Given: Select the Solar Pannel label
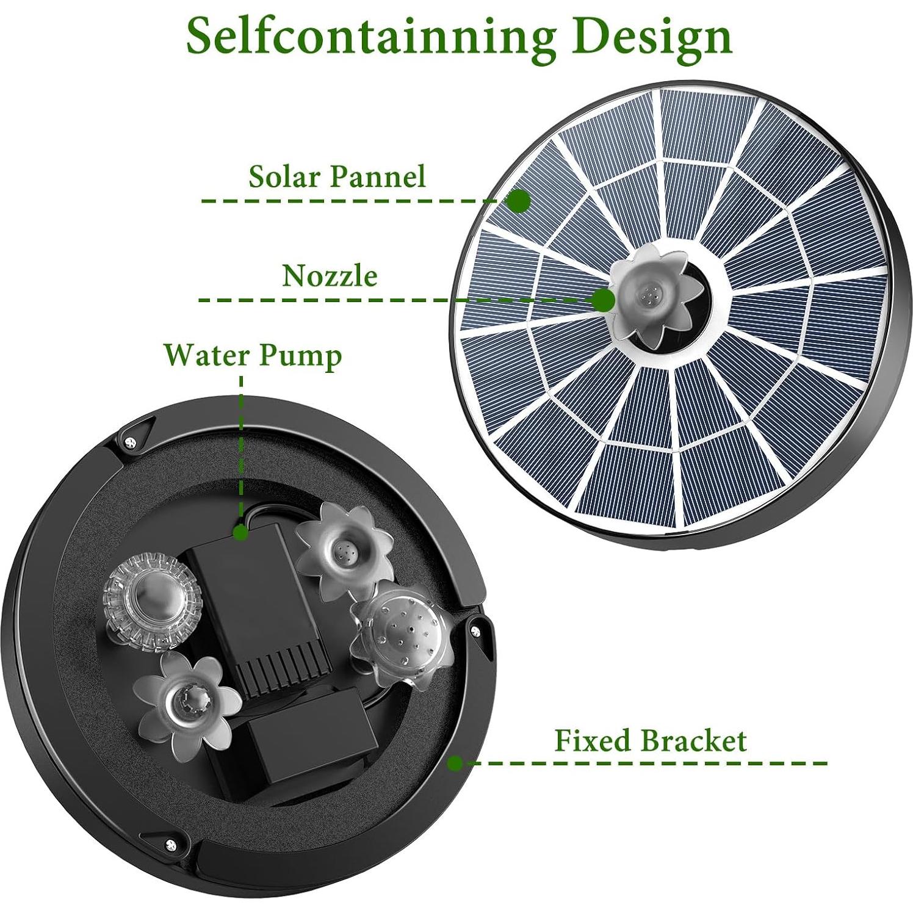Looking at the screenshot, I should point(336,176).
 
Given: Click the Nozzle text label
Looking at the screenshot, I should point(330,276).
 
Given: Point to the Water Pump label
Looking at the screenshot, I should point(253,355).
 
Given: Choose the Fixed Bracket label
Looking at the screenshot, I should point(650,740).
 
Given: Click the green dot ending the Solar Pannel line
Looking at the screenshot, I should point(519,201).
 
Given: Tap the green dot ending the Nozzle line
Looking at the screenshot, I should point(604,300).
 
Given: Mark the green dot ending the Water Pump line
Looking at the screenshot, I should point(241,533).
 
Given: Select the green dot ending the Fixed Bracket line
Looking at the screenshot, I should point(455,763).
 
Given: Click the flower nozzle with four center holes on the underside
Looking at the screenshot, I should point(345,549).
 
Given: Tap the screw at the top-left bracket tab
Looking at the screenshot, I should point(129,442).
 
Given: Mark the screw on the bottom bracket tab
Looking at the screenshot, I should point(169,844).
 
